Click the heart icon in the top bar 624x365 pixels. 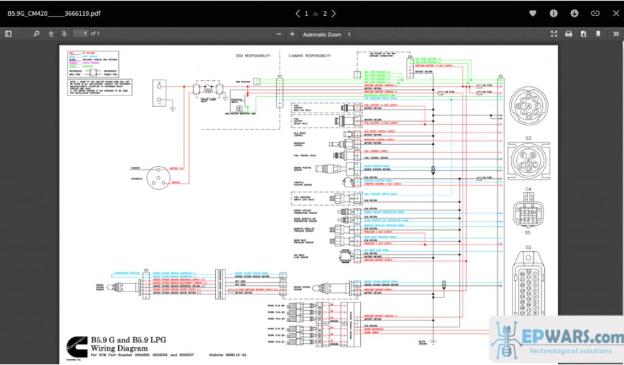click(x=533, y=13)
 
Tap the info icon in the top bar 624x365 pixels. click(x=553, y=13)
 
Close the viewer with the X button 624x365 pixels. click(x=615, y=13)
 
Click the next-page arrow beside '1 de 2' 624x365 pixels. click(x=334, y=13)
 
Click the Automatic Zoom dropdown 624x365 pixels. click(x=327, y=35)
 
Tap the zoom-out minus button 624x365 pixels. click(x=279, y=34)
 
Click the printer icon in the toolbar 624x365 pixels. click(x=569, y=34)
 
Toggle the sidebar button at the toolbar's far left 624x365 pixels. click(x=9, y=34)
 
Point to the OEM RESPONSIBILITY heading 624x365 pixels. click(x=253, y=55)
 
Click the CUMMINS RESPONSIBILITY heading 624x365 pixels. click(x=310, y=55)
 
